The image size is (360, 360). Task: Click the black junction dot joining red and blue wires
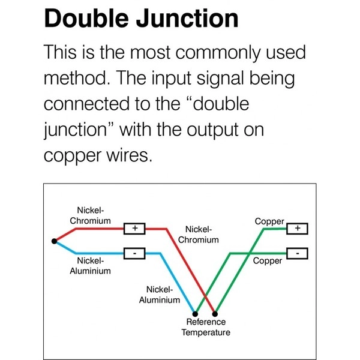54,241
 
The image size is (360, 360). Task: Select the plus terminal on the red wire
134,229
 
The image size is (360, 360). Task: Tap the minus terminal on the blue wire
134,254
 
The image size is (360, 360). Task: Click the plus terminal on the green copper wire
298,229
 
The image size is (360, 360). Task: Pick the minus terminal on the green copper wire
298,254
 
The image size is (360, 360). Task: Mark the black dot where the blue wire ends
195,313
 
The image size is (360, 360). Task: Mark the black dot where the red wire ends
215,313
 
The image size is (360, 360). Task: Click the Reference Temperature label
206,328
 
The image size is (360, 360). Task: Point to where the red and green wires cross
205,298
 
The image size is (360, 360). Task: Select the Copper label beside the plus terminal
269,221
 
